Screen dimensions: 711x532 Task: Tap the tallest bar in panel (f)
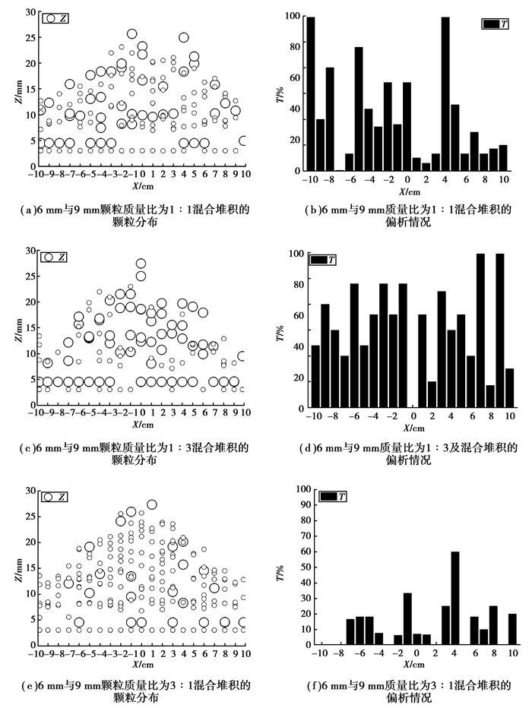tap(455, 599)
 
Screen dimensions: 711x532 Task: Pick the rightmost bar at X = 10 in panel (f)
tap(512, 630)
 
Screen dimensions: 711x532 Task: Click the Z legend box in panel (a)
tap(55, 19)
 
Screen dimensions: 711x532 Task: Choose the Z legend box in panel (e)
tap(55, 497)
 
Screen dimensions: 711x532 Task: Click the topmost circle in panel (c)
tap(141, 264)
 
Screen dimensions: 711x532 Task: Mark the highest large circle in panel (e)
tap(152, 504)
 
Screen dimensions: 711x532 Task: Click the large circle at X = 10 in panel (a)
tap(242, 141)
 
